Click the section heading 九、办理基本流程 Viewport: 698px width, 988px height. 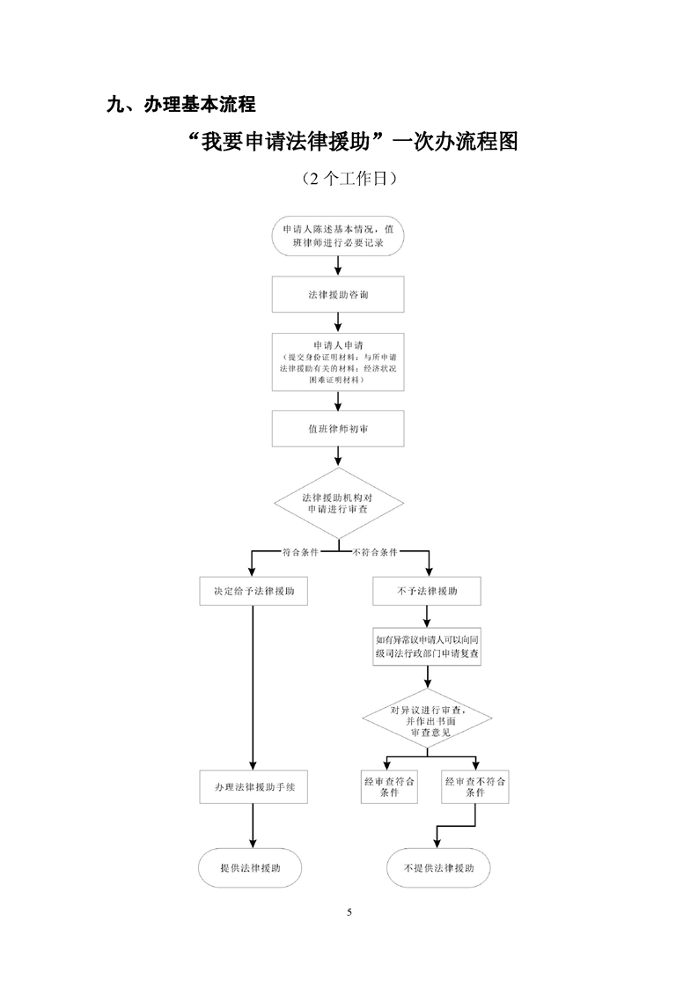click(180, 105)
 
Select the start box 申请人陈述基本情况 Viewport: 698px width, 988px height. click(338, 235)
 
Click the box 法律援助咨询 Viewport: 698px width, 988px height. click(338, 294)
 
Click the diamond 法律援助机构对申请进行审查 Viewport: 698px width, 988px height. click(338, 504)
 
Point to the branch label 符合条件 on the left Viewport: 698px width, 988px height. click(300, 552)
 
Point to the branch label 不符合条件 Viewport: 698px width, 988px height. click(374, 552)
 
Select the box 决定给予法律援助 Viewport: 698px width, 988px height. click(253, 591)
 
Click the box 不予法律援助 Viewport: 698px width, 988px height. click(428, 591)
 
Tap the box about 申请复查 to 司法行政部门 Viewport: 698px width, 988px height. click(428, 647)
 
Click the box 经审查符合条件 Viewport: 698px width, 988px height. click(389, 786)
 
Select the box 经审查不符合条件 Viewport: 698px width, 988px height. click(475, 786)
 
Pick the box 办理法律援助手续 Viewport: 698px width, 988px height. click(253, 787)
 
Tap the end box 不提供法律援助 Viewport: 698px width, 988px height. click(439, 867)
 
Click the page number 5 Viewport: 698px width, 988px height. click(349, 911)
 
